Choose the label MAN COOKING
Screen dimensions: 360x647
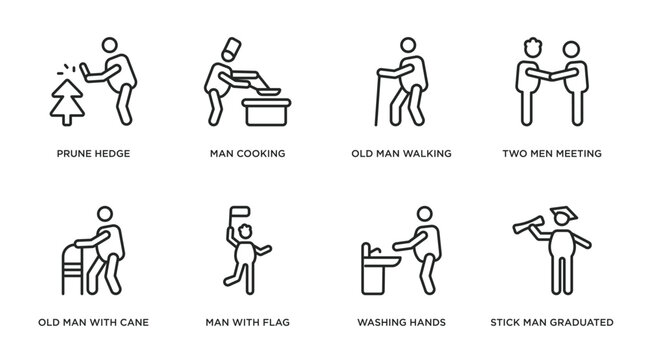(x=247, y=154)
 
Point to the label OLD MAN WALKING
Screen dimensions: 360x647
(x=401, y=154)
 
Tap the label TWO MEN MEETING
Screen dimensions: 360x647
(x=552, y=154)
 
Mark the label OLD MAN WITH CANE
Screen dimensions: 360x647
(x=92, y=323)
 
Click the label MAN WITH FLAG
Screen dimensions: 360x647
(x=247, y=323)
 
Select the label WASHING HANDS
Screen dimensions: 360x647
(x=401, y=323)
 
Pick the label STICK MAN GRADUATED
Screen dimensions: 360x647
(x=552, y=323)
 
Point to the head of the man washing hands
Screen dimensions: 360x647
(x=425, y=215)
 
